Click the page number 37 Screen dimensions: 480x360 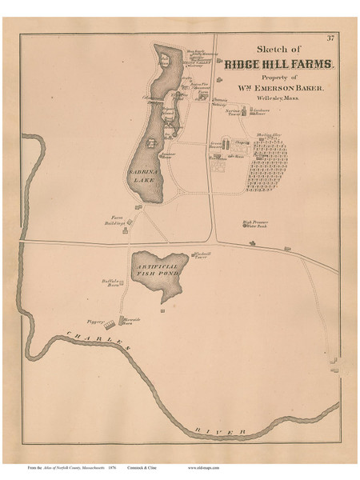(330, 38)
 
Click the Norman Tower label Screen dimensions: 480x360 (232, 112)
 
